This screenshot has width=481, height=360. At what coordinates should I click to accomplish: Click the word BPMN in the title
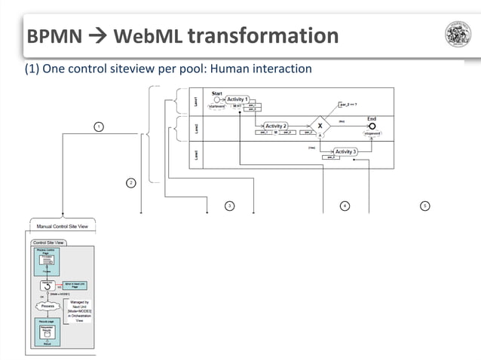pyautogui.click(x=50, y=36)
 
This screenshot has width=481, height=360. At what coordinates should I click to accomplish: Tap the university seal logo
pyautogui.click(x=458, y=35)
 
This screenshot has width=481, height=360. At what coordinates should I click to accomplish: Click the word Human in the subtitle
pyautogui.click(x=233, y=69)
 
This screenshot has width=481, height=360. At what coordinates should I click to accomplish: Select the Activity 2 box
pyautogui.click(x=275, y=126)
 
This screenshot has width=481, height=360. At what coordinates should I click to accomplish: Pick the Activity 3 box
pyautogui.click(x=345, y=151)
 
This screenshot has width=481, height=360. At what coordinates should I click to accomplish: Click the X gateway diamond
pyautogui.click(x=320, y=126)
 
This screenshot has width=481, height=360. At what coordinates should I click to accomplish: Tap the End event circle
pyautogui.click(x=372, y=126)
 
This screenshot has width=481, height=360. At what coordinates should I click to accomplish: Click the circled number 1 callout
pyautogui.click(x=98, y=126)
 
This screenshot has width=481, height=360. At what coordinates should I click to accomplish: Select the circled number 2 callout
pyautogui.click(x=130, y=183)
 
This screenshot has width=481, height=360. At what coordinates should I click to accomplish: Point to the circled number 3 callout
pyautogui.click(x=229, y=206)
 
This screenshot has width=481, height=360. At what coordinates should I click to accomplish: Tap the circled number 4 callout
pyautogui.click(x=344, y=206)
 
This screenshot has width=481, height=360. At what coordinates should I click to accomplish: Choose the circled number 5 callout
pyautogui.click(x=425, y=206)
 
